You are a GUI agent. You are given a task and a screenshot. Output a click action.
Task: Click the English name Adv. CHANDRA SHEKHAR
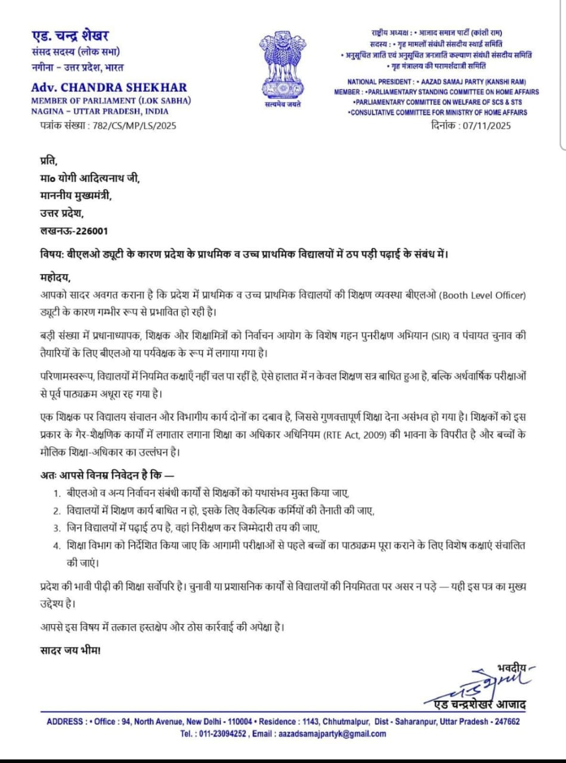click(x=109, y=87)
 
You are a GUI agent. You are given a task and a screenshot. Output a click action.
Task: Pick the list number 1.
click(x=56, y=493)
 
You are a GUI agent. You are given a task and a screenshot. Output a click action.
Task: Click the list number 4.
click(x=56, y=545)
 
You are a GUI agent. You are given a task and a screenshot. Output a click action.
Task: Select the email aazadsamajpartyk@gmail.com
click(x=332, y=734)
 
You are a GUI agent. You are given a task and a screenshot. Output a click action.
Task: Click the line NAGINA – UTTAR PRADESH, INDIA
click(x=100, y=111)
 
